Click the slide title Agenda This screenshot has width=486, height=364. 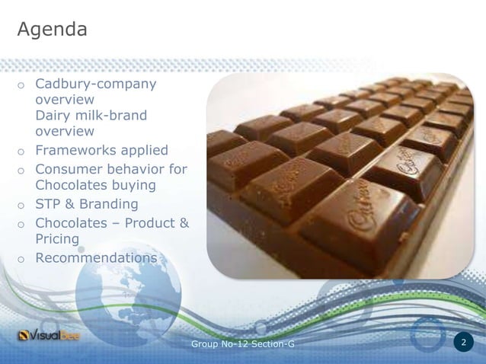pyautogui.click(x=52, y=30)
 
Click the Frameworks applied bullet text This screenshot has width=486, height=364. pyautogui.click(x=101, y=150)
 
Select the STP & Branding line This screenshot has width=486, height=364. pyautogui.click(x=87, y=204)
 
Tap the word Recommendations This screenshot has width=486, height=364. pyautogui.click(x=96, y=257)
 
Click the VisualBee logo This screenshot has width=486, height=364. pyautogui.click(x=52, y=335)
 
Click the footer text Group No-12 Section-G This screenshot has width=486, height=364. pyautogui.click(x=243, y=345)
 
